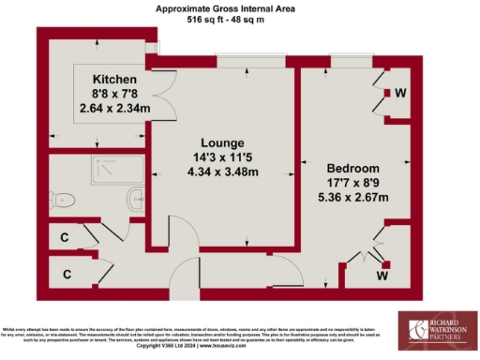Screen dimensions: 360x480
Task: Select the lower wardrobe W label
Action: click(384, 276)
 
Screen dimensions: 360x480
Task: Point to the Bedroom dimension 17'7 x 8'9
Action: click(349, 184)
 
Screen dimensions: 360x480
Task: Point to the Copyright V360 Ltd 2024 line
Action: click(187, 346)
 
